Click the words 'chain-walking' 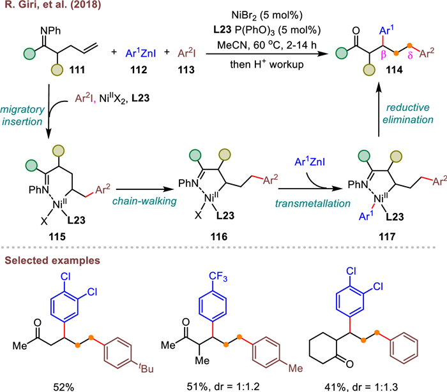(139, 201)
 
